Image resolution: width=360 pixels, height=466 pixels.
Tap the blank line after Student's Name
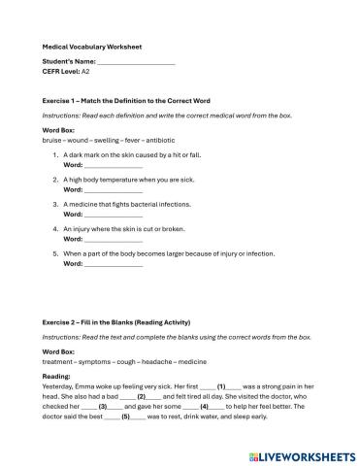(137, 61)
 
